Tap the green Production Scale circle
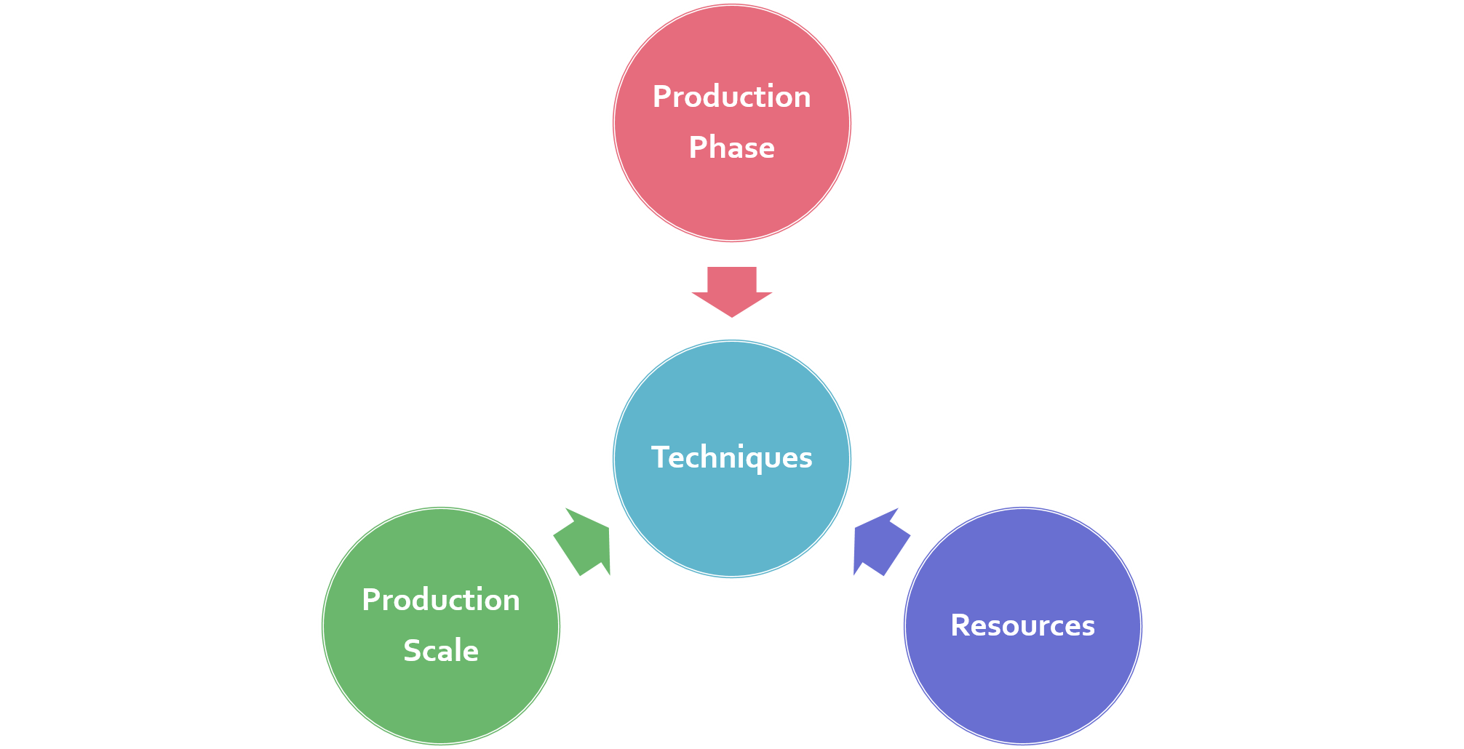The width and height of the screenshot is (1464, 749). click(x=441, y=698)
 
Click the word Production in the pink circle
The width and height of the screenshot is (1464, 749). click(x=731, y=97)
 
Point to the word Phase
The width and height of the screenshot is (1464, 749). click(x=731, y=148)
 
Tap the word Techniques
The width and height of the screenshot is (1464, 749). click(x=731, y=457)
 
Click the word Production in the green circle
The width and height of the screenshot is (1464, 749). click(x=441, y=600)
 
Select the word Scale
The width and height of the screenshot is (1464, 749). click(x=441, y=651)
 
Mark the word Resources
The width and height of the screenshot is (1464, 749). click(x=1022, y=625)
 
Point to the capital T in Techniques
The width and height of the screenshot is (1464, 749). click(x=659, y=457)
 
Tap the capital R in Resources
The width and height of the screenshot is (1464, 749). click(x=960, y=625)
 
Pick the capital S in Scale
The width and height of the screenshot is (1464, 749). click(x=412, y=651)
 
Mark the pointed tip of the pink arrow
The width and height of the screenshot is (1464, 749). click(x=732, y=316)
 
